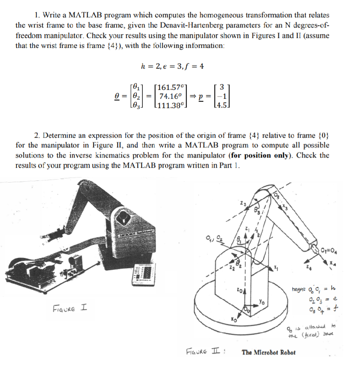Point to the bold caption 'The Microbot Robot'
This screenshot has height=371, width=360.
pos(269,352)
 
